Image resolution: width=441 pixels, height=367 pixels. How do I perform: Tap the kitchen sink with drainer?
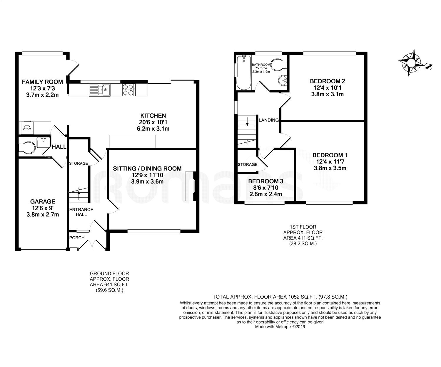pyautogui.click(x=99, y=90)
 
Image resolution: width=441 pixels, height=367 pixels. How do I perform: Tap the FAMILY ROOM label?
pyautogui.click(x=42, y=82)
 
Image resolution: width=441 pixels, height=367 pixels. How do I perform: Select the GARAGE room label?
pyautogui.click(x=43, y=201)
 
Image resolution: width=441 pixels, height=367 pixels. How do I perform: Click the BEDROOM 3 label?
pyautogui.click(x=266, y=181)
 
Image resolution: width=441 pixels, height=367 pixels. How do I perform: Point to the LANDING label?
pyautogui.click(x=268, y=120)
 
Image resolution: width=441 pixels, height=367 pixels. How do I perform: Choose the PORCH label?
pyautogui.click(x=77, y=238)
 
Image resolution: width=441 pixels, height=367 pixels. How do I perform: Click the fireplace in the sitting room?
pyautogui.click(x=193, y=186)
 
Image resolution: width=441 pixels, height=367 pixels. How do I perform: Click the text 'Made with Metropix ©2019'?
pyautogui.click(x=280, y=326)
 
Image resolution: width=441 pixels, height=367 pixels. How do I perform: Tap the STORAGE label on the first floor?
pyautogui.click(x=248, y=164)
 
